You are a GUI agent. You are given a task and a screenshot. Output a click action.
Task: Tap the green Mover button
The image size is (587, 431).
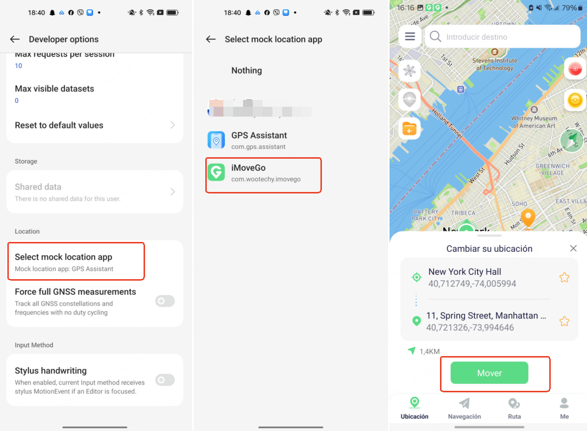tap(489, 373)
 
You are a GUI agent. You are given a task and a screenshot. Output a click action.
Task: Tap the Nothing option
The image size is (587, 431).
tap(246, 71)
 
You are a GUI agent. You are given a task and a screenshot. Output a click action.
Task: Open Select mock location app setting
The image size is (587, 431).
tap(76, 262)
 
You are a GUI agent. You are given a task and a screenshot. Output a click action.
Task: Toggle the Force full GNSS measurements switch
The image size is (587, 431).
tap(165, 301)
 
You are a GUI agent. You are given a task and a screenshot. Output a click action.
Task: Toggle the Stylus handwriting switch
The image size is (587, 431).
tap(165, 380)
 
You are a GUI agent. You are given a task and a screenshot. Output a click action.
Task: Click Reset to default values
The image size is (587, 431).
tap(95, 125)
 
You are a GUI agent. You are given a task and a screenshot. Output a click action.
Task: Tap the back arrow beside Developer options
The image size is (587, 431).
tap(15, 39)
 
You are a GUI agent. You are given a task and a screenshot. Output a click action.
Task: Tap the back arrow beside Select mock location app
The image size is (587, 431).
tap(211, 39)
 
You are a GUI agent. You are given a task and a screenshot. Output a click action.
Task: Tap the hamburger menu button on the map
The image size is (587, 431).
tap(410, 37)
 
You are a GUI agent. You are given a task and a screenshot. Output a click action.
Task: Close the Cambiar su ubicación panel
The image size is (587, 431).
tap(573, 248)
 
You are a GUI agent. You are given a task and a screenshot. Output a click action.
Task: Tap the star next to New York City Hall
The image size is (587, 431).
tap(564, 278)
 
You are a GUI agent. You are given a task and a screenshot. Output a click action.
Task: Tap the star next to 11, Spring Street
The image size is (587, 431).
tap(564, 321)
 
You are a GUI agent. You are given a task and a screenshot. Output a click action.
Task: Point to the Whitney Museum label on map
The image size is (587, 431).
tap(534, 121)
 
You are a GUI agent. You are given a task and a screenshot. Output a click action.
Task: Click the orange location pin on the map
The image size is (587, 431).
tap(528, 217)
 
